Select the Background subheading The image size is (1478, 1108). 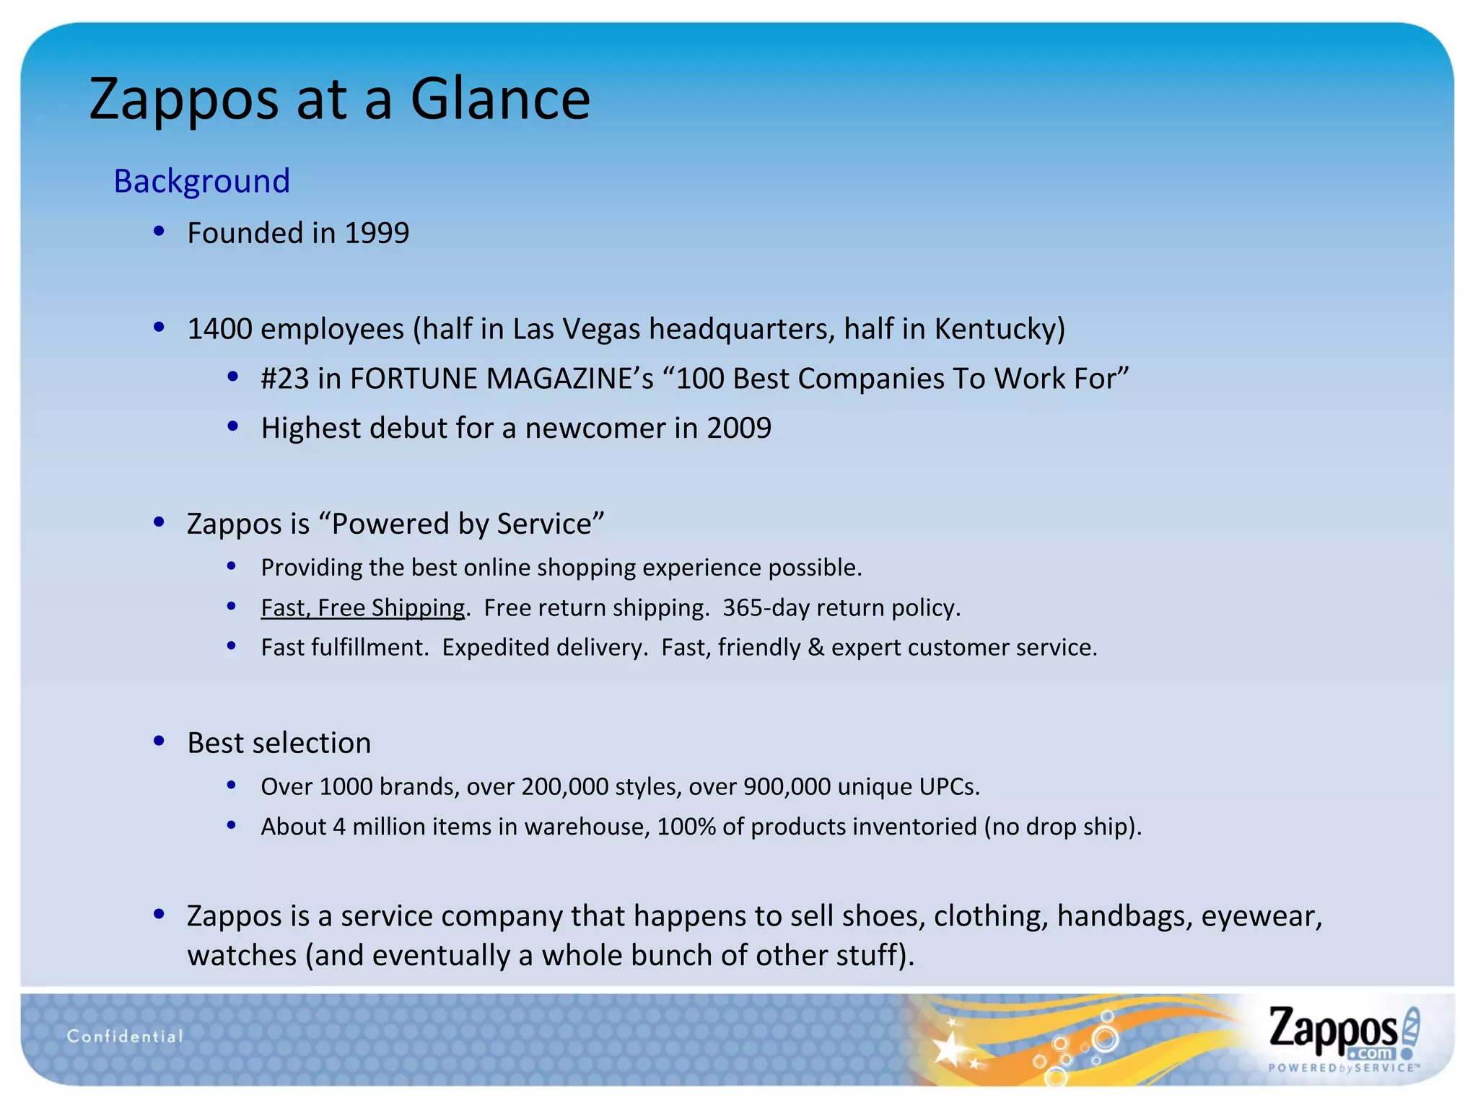(201, 180)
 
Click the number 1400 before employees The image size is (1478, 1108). (219, 329)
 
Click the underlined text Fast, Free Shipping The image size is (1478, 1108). (363, 608)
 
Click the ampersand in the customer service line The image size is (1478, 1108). (815, 648)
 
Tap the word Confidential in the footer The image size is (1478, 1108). (125, 1037)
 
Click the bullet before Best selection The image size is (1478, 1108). (159, 741)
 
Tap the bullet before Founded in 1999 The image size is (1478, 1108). (159, 232)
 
